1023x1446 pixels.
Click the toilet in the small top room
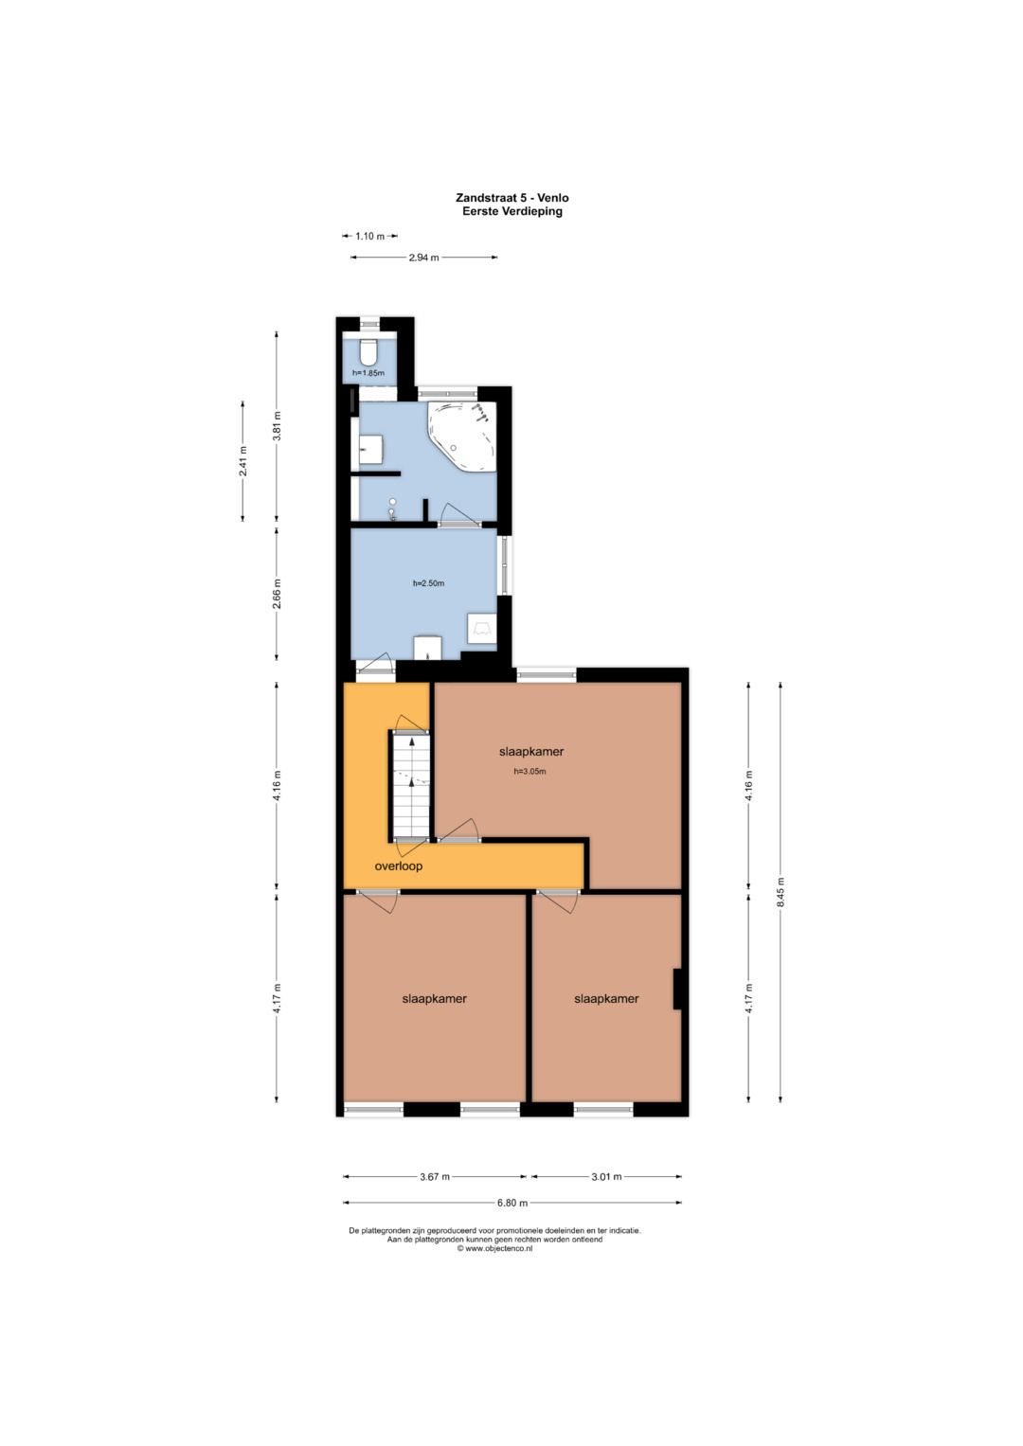pos(368,351)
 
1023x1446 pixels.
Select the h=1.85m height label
pos(368,373)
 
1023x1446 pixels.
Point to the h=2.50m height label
pos(428,583)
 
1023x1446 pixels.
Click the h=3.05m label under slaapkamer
pos(530,771)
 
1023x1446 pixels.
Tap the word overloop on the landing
pos(399,866)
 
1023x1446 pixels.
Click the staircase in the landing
pos(410,786)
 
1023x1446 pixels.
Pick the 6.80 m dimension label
pos(511,1203)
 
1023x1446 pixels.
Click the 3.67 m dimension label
pos(434,1176)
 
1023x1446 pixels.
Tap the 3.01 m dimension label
pos(606,1176)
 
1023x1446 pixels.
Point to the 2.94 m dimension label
pos(423,258)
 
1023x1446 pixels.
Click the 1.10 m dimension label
pos(369,237)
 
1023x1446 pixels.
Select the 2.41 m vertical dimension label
pos(242,461)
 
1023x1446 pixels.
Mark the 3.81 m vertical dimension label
pos(277,426)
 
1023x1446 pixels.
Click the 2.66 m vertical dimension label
pos(277,595)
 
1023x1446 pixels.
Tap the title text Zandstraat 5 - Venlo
pos(512,198)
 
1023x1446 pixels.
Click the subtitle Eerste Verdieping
pos(512,211)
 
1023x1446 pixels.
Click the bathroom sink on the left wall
pos(370,449)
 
